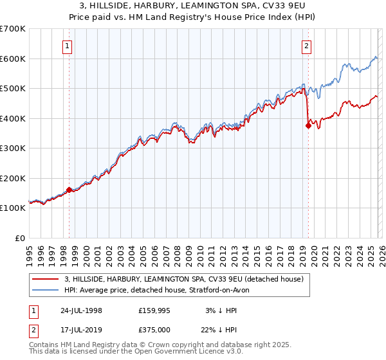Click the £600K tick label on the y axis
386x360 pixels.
point(12,59)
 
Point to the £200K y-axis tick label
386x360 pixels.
point(12,178)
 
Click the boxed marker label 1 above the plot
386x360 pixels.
point(68,45)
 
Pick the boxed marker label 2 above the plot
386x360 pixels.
point(307,45)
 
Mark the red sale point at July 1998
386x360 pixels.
point(69,190)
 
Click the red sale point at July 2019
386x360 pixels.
point(308,126)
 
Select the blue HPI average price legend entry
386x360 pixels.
point(160,290)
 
